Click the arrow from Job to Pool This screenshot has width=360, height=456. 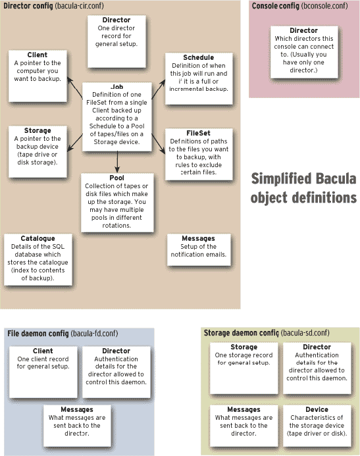tap(117, 161)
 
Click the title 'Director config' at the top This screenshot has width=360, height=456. tap(28, 6)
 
